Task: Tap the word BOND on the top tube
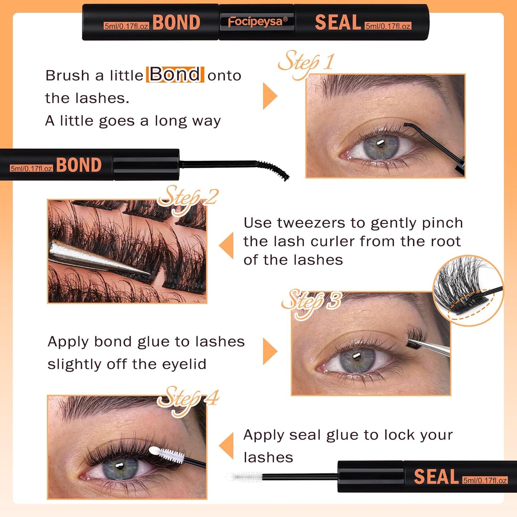coord(176,23)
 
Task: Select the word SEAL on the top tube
coord(338,23)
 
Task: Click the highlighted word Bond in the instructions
coord(175,74)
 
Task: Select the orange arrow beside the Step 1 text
coord(269,96)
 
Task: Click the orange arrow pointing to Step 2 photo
coord(227,245)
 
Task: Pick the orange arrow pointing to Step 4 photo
coord(227,446)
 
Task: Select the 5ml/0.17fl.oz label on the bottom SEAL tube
coord(485,480)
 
